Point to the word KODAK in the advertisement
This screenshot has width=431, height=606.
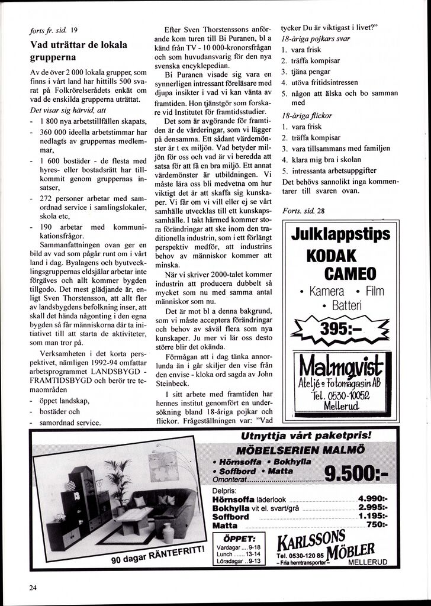click(332, 256)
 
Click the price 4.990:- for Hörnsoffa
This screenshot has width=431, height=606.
click(373, 498)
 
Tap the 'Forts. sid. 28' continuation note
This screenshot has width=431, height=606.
click(303, 211)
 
